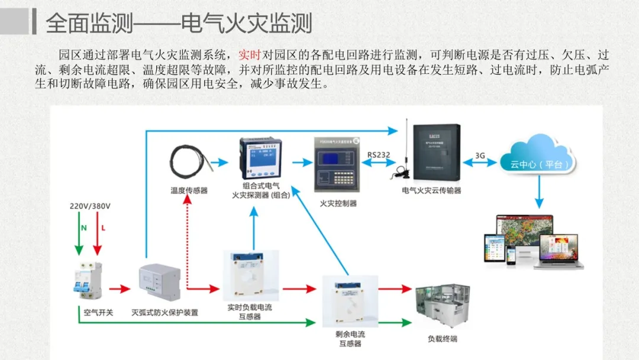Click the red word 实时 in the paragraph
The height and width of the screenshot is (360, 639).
(249, 56)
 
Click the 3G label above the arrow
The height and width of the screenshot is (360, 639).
(480, 156)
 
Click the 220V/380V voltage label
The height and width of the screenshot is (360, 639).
(90, 206)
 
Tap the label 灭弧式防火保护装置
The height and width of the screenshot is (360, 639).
(164, 312)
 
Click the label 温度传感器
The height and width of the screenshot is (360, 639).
(189, 191)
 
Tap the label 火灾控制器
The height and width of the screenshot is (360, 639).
(338, 203)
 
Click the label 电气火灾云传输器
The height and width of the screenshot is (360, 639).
(431, 191)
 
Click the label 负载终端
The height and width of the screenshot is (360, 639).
(442, 339)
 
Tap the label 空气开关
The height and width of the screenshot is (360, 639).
(98, 312)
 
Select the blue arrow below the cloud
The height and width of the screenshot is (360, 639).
(540, 192)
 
